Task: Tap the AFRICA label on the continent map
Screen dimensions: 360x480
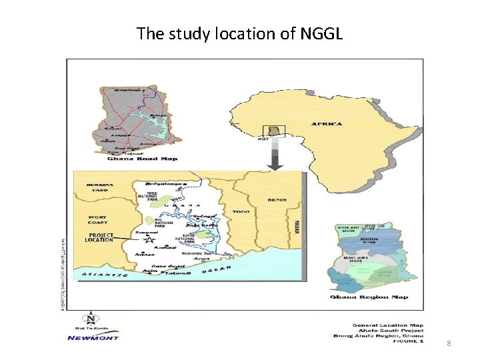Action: pos(326,124)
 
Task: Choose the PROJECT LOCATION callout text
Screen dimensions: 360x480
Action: pos(99,237)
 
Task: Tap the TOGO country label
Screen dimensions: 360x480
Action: pos(241,212)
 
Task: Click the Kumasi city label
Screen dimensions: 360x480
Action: pos(165,247)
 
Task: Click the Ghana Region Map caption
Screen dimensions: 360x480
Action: pos(369,297)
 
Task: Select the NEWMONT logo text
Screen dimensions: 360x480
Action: pos(93,337)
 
